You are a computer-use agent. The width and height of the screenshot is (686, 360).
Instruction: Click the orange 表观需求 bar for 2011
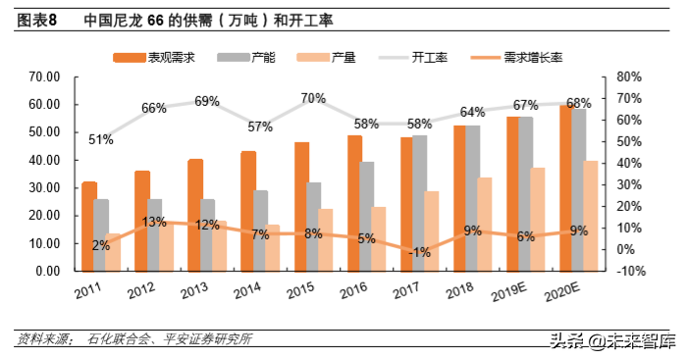[89, 226]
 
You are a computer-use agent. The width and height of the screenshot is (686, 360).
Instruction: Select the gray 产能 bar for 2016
[367, 216]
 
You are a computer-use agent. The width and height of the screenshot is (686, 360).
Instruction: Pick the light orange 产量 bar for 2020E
[591, 216]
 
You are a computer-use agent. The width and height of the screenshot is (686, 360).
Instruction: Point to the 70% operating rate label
[313, 98]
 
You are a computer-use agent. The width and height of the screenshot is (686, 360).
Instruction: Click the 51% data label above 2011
[101, 139]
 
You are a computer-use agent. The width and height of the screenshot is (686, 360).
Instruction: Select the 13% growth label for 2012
[153, 222]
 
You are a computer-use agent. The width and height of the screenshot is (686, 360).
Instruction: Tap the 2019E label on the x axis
[506, 292]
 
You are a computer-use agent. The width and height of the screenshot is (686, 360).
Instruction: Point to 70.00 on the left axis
[46, 77]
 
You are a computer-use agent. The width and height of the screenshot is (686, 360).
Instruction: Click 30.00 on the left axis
[46, 187]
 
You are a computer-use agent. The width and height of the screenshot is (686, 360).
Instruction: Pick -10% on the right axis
[628, 271]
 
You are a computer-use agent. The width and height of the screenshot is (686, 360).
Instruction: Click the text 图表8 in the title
[36, 19]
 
